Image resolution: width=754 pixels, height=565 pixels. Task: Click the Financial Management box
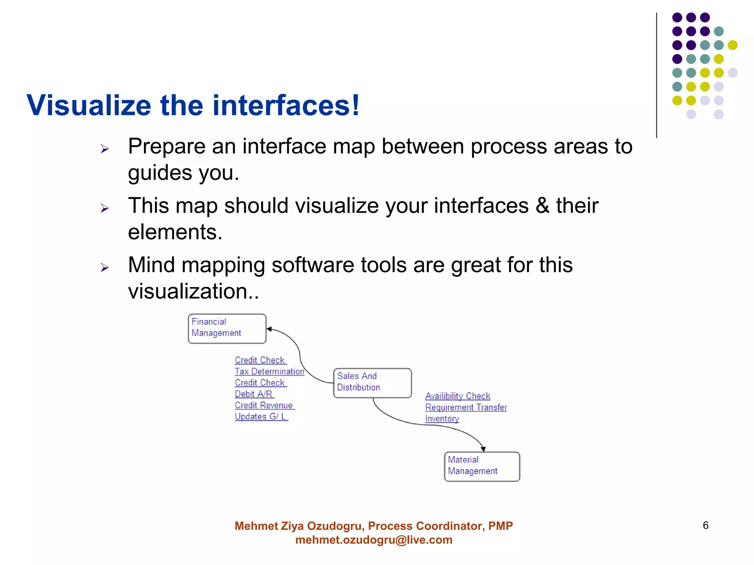click(x=227, y=328)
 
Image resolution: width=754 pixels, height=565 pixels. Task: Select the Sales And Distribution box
click(x=372, y=383)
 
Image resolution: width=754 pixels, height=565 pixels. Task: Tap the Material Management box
click(x=482, y=466)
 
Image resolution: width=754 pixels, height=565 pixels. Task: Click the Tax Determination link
click(x=269, y=372)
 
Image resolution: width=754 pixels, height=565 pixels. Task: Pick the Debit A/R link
click(x=254, y=394)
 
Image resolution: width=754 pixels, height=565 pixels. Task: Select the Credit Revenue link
click(x=264, y=405)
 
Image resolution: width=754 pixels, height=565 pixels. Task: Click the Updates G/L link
click(x=261, y=417)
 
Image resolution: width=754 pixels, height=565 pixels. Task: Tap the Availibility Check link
click(x=458, y=396)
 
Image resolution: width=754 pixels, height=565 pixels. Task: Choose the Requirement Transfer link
click(x=466, y=408)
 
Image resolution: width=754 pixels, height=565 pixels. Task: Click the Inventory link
click(x=442, y=419)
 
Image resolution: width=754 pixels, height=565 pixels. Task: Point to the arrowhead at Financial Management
click(x=269, y=329)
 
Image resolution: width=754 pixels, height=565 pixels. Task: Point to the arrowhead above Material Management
click(x=483, y=449)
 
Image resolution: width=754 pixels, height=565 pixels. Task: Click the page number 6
click(x=705, y=525)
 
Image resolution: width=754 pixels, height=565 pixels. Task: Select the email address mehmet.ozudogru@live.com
click(x=374, y=540)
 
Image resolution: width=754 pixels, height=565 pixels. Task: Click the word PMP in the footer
click(x=500, y=526)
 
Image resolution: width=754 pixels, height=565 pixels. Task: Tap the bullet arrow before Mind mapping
click(x=105, y=267)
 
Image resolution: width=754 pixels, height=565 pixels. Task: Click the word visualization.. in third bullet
click(x=194, y=291)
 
